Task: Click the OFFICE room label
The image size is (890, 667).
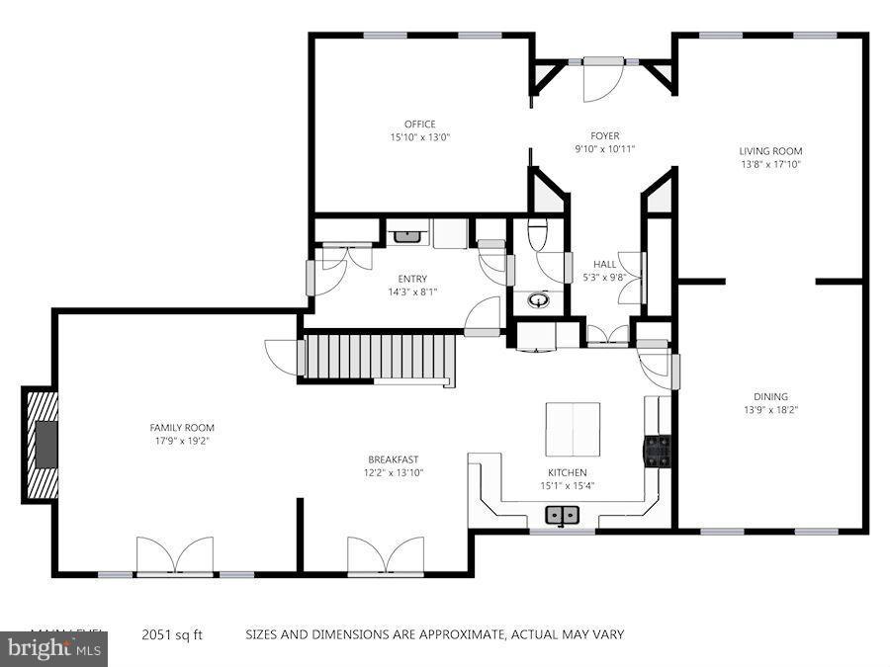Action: click(419, 125)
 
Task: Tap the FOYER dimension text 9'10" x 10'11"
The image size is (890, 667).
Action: click(604, 149)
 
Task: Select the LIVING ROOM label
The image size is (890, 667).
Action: click(769, 151)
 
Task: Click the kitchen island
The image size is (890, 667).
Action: click(573, 428)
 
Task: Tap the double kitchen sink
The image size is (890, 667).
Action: click(563, 515)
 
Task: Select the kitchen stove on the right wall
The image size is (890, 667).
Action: click(658, 451)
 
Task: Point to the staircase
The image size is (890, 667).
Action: click(378, 356)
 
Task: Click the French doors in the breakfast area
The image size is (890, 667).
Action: click(385, 555)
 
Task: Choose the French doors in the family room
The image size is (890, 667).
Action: click(175, 555)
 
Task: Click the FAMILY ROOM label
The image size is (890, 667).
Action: click(182, 428)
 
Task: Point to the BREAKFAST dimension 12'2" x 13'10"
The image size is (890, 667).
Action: click(393, 473)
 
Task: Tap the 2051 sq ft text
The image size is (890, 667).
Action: click(173, 634)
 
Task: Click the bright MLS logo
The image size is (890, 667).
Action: click(53, 650)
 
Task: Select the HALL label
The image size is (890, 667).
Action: click(604, 264)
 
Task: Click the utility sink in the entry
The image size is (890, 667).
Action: click(406, 236)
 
